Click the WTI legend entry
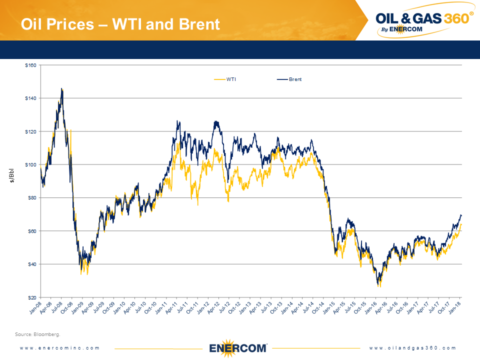(x=225, y=79)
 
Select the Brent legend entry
(x=289, y=79)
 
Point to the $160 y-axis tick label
(x=30, y=65)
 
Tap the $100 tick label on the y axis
(x=30, y=164)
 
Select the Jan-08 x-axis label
(x=35, y=308)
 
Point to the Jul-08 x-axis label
(x=56, y=308)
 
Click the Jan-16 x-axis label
(x=371, y=308)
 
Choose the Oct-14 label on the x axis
(x=318, y=308)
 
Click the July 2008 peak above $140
(x=62, y=89)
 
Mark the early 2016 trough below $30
(x=379, y=285)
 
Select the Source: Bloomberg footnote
(x=37, y=334)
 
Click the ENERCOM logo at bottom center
(x=238, y=348)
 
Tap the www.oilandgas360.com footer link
(x=412, y=348)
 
